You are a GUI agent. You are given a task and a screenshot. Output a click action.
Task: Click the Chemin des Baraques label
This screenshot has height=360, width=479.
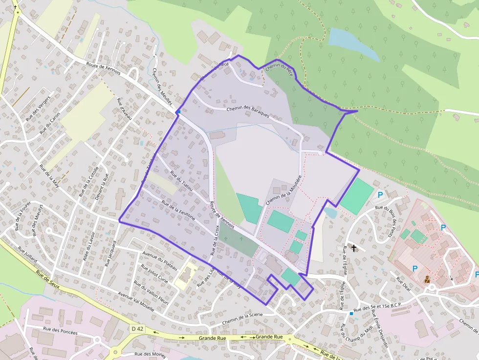[248, 111]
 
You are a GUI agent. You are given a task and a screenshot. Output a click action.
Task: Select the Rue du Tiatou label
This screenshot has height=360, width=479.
[181, 180]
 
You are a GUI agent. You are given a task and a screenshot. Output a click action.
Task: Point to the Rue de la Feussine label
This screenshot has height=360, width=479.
[178, 211]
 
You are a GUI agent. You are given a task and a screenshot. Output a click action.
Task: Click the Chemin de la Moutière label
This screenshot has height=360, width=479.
[283, 190]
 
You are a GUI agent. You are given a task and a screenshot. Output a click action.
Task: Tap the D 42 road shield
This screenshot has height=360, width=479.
[137, 329]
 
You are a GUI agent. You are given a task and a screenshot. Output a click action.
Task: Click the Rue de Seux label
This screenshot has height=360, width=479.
[47, 278]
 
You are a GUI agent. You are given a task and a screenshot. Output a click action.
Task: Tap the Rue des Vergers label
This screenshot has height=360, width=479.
[38, 108]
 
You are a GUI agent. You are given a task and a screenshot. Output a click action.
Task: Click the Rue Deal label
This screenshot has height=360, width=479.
[404, 284]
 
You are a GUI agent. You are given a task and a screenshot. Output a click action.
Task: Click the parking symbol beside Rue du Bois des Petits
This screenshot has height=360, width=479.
[380, 195]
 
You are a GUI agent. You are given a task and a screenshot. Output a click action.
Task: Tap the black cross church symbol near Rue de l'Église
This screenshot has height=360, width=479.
[353, 248]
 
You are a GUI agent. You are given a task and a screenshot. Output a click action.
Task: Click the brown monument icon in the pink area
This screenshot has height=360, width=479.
[427, 279]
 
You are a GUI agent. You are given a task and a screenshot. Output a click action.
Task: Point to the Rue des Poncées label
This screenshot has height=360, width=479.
[61, 332]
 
